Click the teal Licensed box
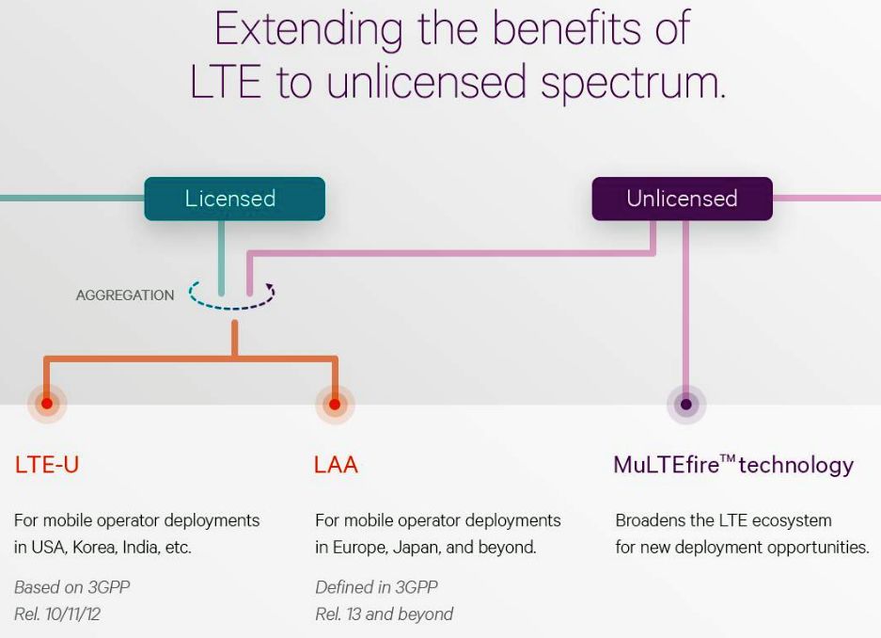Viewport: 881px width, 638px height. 234,199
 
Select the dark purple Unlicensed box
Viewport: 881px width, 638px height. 682,199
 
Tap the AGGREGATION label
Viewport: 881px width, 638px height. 125,295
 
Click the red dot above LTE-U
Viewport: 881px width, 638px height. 47,403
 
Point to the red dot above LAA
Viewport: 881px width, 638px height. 335,404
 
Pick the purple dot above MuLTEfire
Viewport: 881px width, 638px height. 686,404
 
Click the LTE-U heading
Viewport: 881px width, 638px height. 47,465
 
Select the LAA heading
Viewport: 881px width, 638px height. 336,465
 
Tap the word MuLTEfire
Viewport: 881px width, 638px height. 667,465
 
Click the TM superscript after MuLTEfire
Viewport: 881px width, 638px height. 728,458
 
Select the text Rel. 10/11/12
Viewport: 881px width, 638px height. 57,614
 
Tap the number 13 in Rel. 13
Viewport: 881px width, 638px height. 354,614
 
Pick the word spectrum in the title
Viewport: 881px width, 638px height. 633,83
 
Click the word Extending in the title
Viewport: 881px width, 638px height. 308,28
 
